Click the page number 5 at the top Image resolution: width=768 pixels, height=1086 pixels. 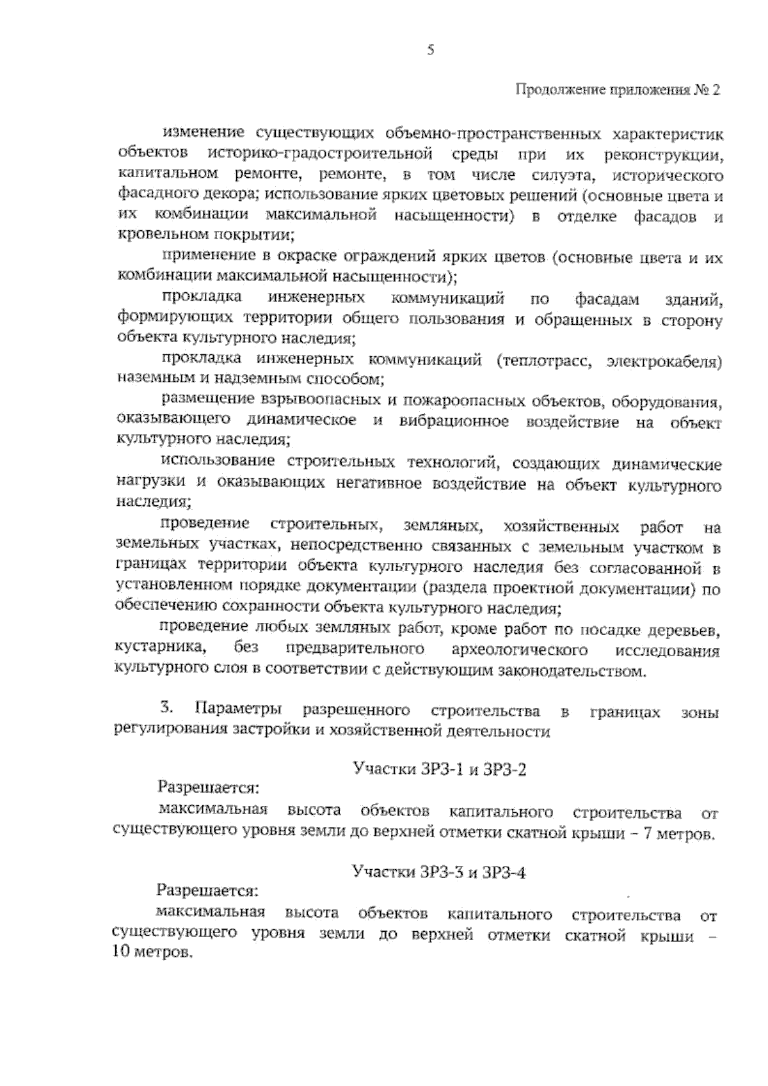click(431, 51)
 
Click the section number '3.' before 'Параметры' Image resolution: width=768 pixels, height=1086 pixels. click(166, 709)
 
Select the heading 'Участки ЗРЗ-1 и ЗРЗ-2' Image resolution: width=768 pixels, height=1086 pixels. click(440, 769)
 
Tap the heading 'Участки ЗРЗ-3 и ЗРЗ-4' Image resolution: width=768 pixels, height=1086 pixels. click(439, 872)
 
